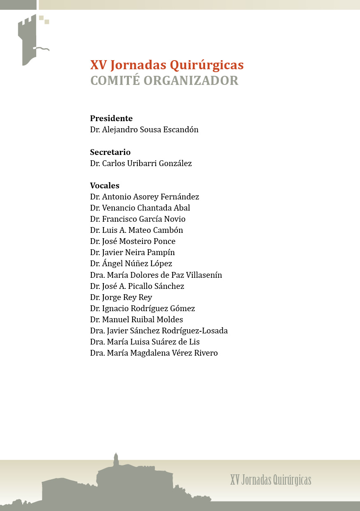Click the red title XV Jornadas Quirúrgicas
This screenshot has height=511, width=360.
click(x=167, y=65)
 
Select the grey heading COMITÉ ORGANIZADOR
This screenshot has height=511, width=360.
click(x=164, y=81)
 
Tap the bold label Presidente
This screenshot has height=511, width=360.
click(x=111, y=119)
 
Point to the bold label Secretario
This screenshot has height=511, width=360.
click(x=110, y=152)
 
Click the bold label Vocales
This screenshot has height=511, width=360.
click(x=105, y=186)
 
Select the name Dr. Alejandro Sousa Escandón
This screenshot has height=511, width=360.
click(x=144, y=130)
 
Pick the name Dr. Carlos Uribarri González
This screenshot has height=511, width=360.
click(x=141, y=164)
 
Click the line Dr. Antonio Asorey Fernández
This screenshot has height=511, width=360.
click(x=145, y=197)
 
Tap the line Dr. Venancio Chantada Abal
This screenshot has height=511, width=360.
click(x=140, y=208)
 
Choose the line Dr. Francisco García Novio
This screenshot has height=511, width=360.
click(x=138, y=219)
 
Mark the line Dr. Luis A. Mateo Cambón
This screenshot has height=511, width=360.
click(x=136, y=230)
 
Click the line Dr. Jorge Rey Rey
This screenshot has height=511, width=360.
click(x=121, y=297)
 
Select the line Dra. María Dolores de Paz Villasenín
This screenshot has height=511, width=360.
click(x=156, y=275)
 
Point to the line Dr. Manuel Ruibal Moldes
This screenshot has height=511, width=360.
click(x=136, y=319)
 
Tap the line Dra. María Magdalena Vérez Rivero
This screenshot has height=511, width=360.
click(x=154, y=353)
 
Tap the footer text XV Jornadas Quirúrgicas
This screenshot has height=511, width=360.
click(x=271, y=480)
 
